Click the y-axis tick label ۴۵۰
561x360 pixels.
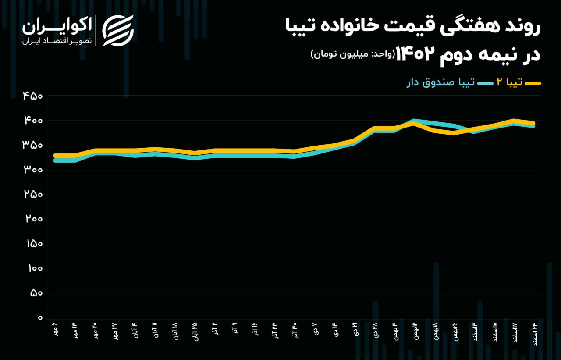click(33, 95)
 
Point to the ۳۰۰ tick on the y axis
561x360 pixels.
click(33, 170)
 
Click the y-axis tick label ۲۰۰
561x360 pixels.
click(33, 219)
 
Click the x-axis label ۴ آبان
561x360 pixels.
click(134, 330)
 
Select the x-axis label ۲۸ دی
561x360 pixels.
click(375, 330)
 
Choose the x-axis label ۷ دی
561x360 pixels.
click(315, 329)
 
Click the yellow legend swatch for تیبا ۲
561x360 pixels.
click(533, 83)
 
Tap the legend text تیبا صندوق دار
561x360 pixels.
click(440, 82)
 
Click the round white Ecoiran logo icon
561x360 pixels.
click(117, 31)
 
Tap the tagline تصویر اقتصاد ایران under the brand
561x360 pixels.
click(57, 41)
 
